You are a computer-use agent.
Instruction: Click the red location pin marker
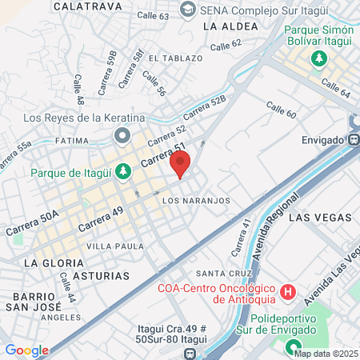click(180, 165)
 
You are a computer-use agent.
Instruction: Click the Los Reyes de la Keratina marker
click(122, 135)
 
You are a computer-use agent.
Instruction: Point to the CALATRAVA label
click(87, 6)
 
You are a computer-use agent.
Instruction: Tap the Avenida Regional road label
click(283, 245)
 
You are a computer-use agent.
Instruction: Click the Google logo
click(26, 350)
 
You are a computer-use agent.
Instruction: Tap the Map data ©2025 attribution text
click(326, 354)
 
